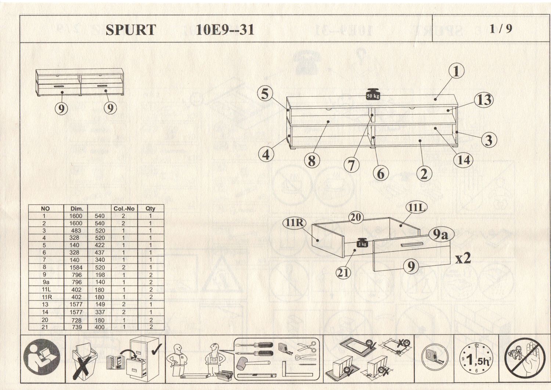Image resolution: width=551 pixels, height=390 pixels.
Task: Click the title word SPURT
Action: (131, 30)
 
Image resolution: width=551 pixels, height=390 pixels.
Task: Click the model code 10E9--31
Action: (225, 29)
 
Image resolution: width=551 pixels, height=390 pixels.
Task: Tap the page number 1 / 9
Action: (501, 29)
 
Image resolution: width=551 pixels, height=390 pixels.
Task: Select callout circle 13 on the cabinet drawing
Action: (483, 100)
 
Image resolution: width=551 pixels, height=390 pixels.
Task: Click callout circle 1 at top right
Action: (456, 71)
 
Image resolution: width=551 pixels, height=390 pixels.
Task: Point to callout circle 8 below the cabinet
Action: (311, 161)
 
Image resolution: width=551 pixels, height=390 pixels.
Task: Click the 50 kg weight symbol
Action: (372, 94)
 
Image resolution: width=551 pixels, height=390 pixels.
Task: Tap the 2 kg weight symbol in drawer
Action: (362, 243)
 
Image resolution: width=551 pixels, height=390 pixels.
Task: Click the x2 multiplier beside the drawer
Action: (463, 258)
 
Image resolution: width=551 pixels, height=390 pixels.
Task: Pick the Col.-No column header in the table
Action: (124, 208)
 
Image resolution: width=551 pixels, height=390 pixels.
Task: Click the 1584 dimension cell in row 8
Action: (76, 268)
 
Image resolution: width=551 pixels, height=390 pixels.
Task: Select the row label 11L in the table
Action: (46, 290)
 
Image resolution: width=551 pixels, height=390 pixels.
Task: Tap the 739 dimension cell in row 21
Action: (76, 327)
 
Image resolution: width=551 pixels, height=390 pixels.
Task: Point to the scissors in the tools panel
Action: (307, 346)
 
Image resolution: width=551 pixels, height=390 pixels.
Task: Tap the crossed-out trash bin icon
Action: (84, 358)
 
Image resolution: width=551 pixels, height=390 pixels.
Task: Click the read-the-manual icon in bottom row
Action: (42, 357)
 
